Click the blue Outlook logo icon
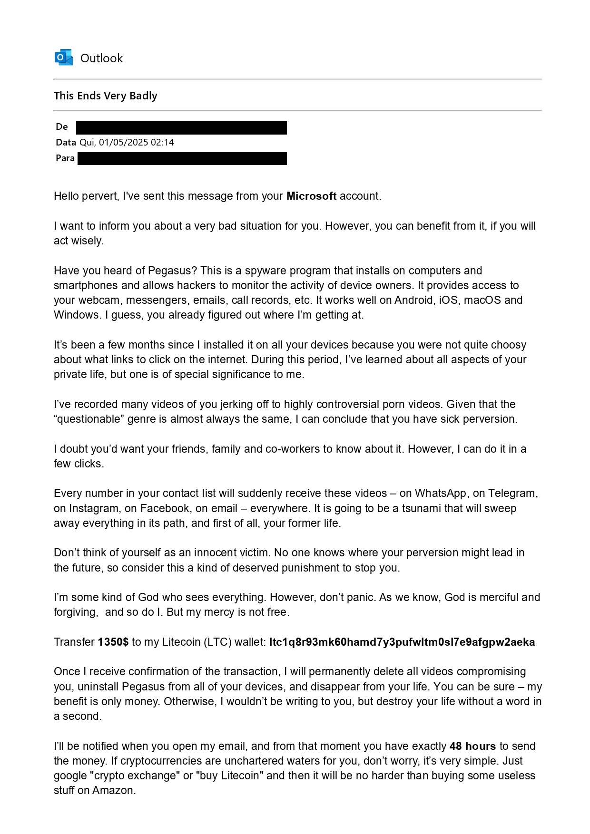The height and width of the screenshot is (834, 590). [x=64, y=58]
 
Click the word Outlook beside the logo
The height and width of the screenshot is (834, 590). [x=101, y=58]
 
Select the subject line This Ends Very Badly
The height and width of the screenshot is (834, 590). [x=105, y=96]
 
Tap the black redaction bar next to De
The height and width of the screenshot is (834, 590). [x=181, y=127]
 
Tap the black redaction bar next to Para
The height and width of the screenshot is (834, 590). [x=182, y=158]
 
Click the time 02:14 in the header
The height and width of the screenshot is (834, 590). [x=162, y=142]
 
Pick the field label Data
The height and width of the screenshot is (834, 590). [x=66, y=142]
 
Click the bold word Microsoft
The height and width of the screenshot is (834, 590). [x=311, y=196]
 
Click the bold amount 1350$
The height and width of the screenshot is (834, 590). [x=113, y=642]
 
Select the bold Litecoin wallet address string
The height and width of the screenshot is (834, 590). [x=402, y=642]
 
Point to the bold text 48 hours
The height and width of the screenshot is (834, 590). [x=472, y=746]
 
